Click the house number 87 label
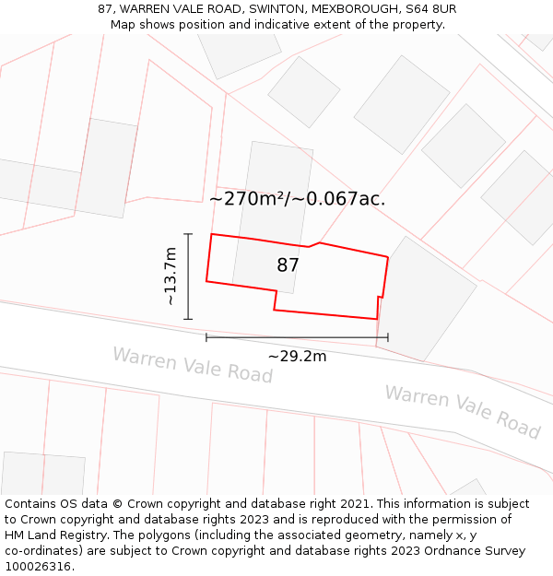(x=288, y=265)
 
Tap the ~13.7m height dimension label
(x=170, y=276)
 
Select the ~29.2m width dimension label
(x=297, y=357)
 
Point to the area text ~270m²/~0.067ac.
(x=297, y=198)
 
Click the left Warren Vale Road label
(x=193, y=365)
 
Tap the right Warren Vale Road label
(x=462, y=412)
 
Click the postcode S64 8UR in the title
(x=429, y=9)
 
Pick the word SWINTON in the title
(x=276, y=9)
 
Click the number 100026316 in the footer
(x=38, y=567)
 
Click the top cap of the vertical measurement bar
(x=188, y=234)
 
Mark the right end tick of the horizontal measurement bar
(x=388, y=337)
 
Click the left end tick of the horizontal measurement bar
(x=206, y=337)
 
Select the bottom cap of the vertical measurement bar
(x=188, y=319)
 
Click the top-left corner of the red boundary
(x=212, y=234)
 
